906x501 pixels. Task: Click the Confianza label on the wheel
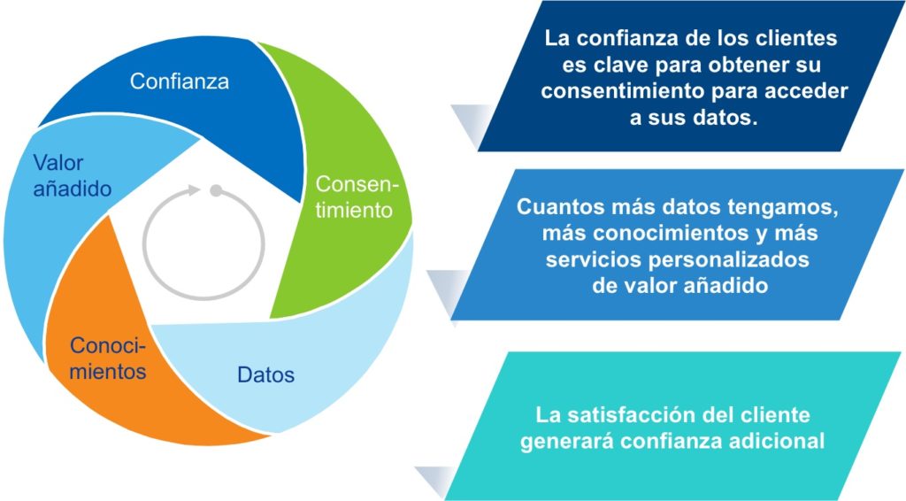179,81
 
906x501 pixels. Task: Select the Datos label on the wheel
265,374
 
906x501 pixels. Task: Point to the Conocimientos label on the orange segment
108,358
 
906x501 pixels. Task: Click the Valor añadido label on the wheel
73,175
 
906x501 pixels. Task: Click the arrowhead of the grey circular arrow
194,190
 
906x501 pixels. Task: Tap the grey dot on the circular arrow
216,190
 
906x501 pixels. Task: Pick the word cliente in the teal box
773,415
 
